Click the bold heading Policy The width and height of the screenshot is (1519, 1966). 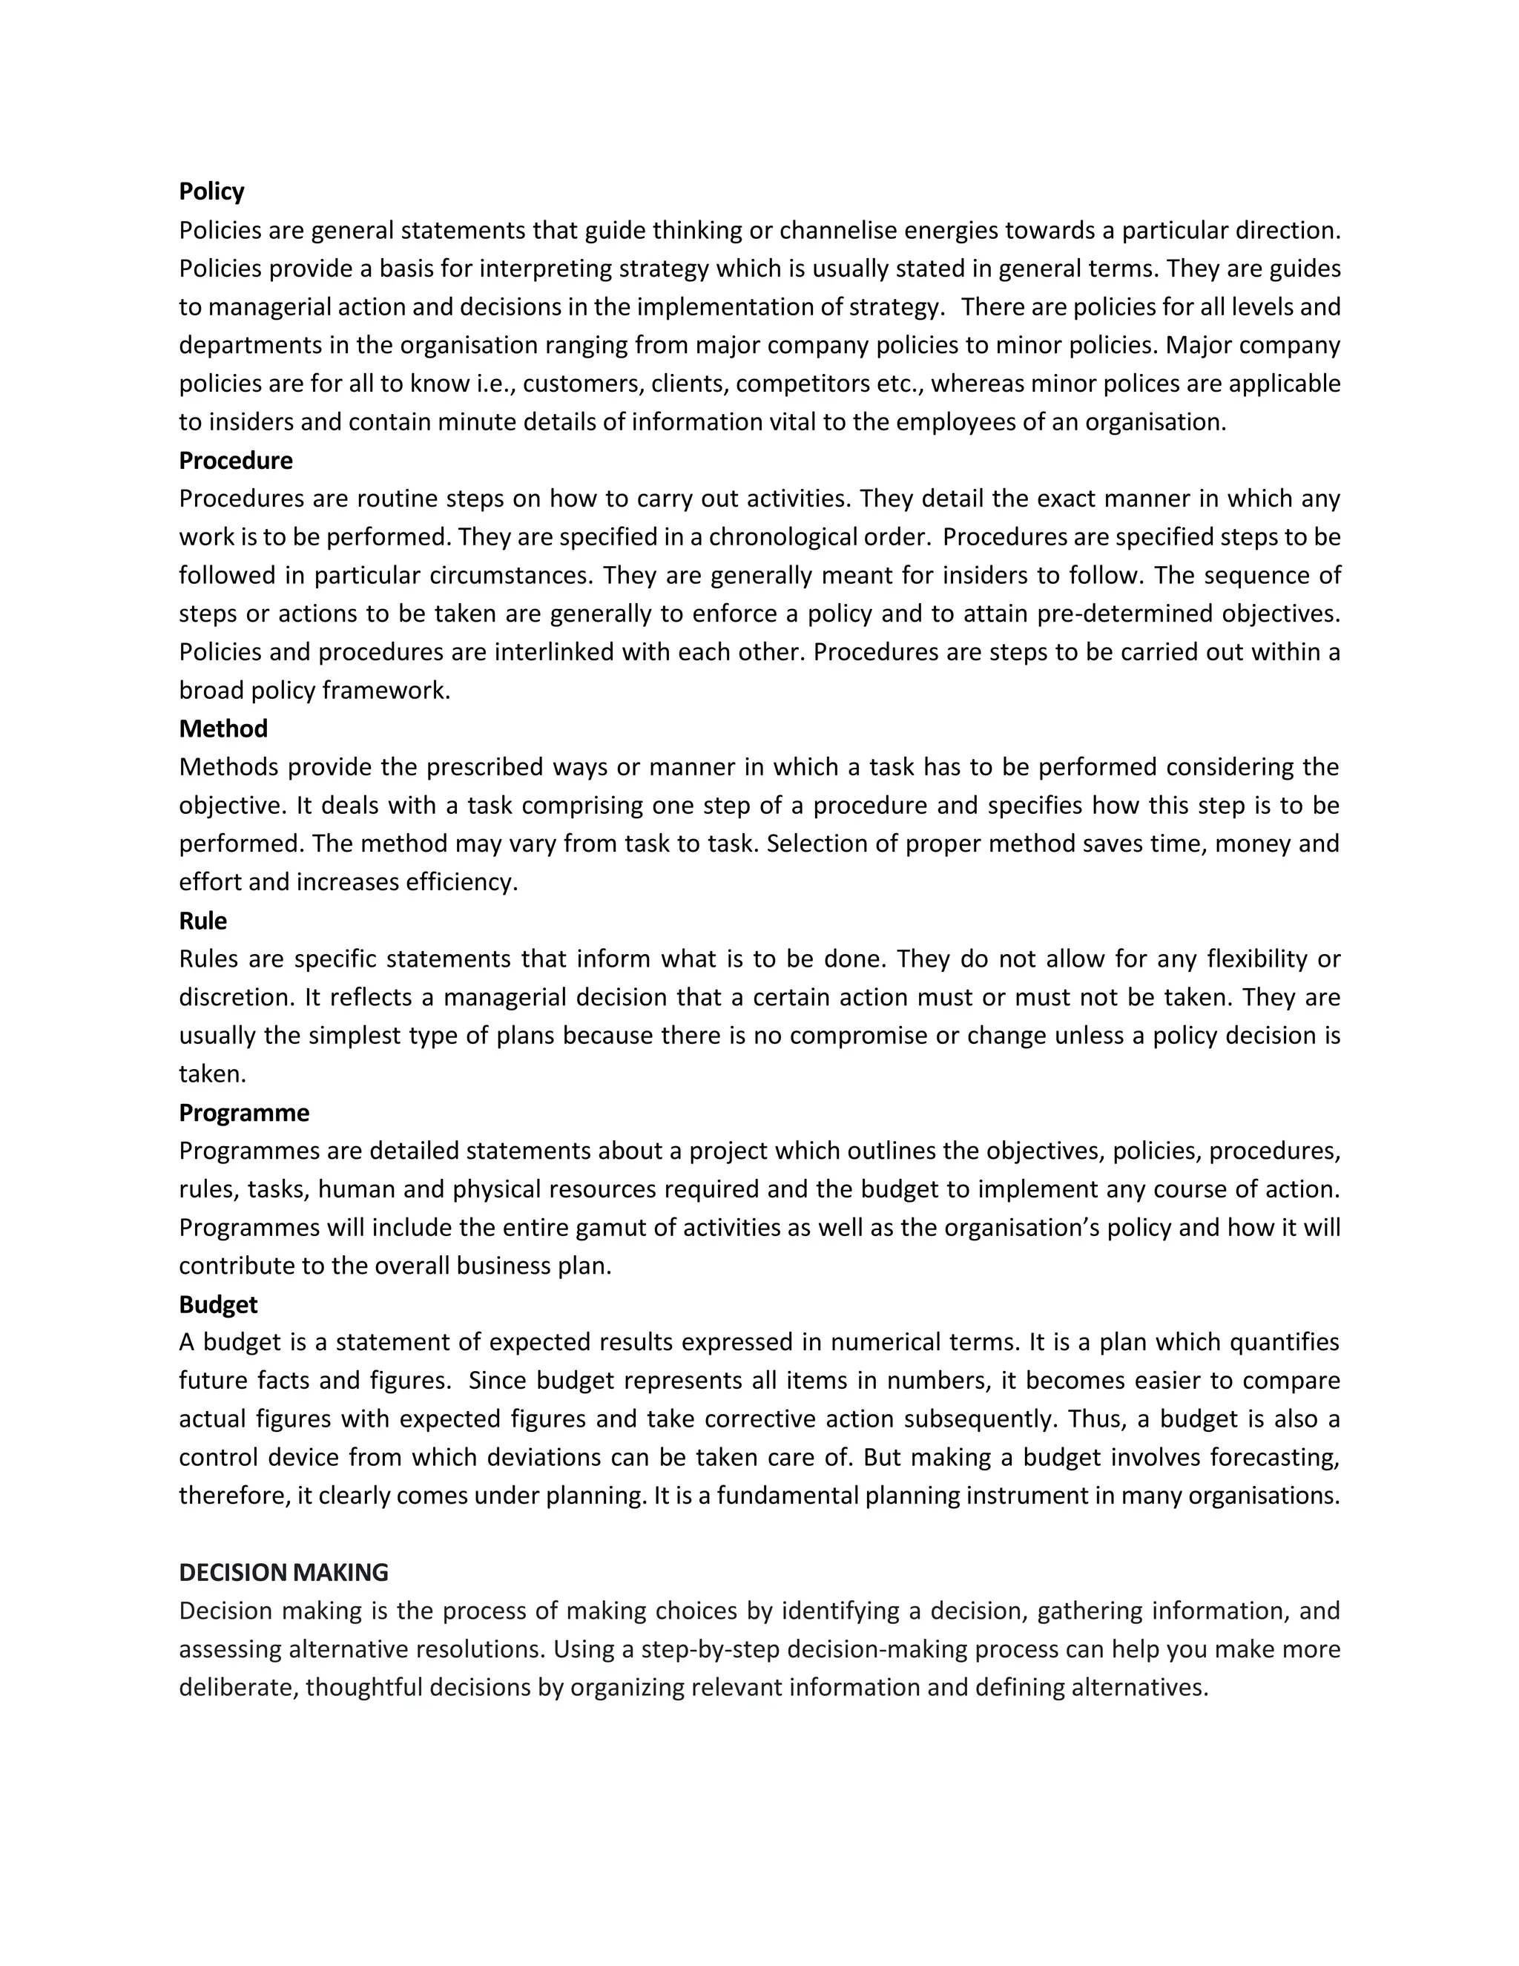click(211, 191)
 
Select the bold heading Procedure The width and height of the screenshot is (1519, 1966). click(236, 461)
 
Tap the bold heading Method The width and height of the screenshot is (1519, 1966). click(223, 729)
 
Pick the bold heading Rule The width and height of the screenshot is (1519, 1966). click(202, 921)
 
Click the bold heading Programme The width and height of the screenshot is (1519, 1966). click(244, 1113)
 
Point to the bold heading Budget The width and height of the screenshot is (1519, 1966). click(218, 1304)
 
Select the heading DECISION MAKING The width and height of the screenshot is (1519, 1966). click(283, 1573)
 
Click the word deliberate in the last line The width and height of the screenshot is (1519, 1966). click(237, 1688)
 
